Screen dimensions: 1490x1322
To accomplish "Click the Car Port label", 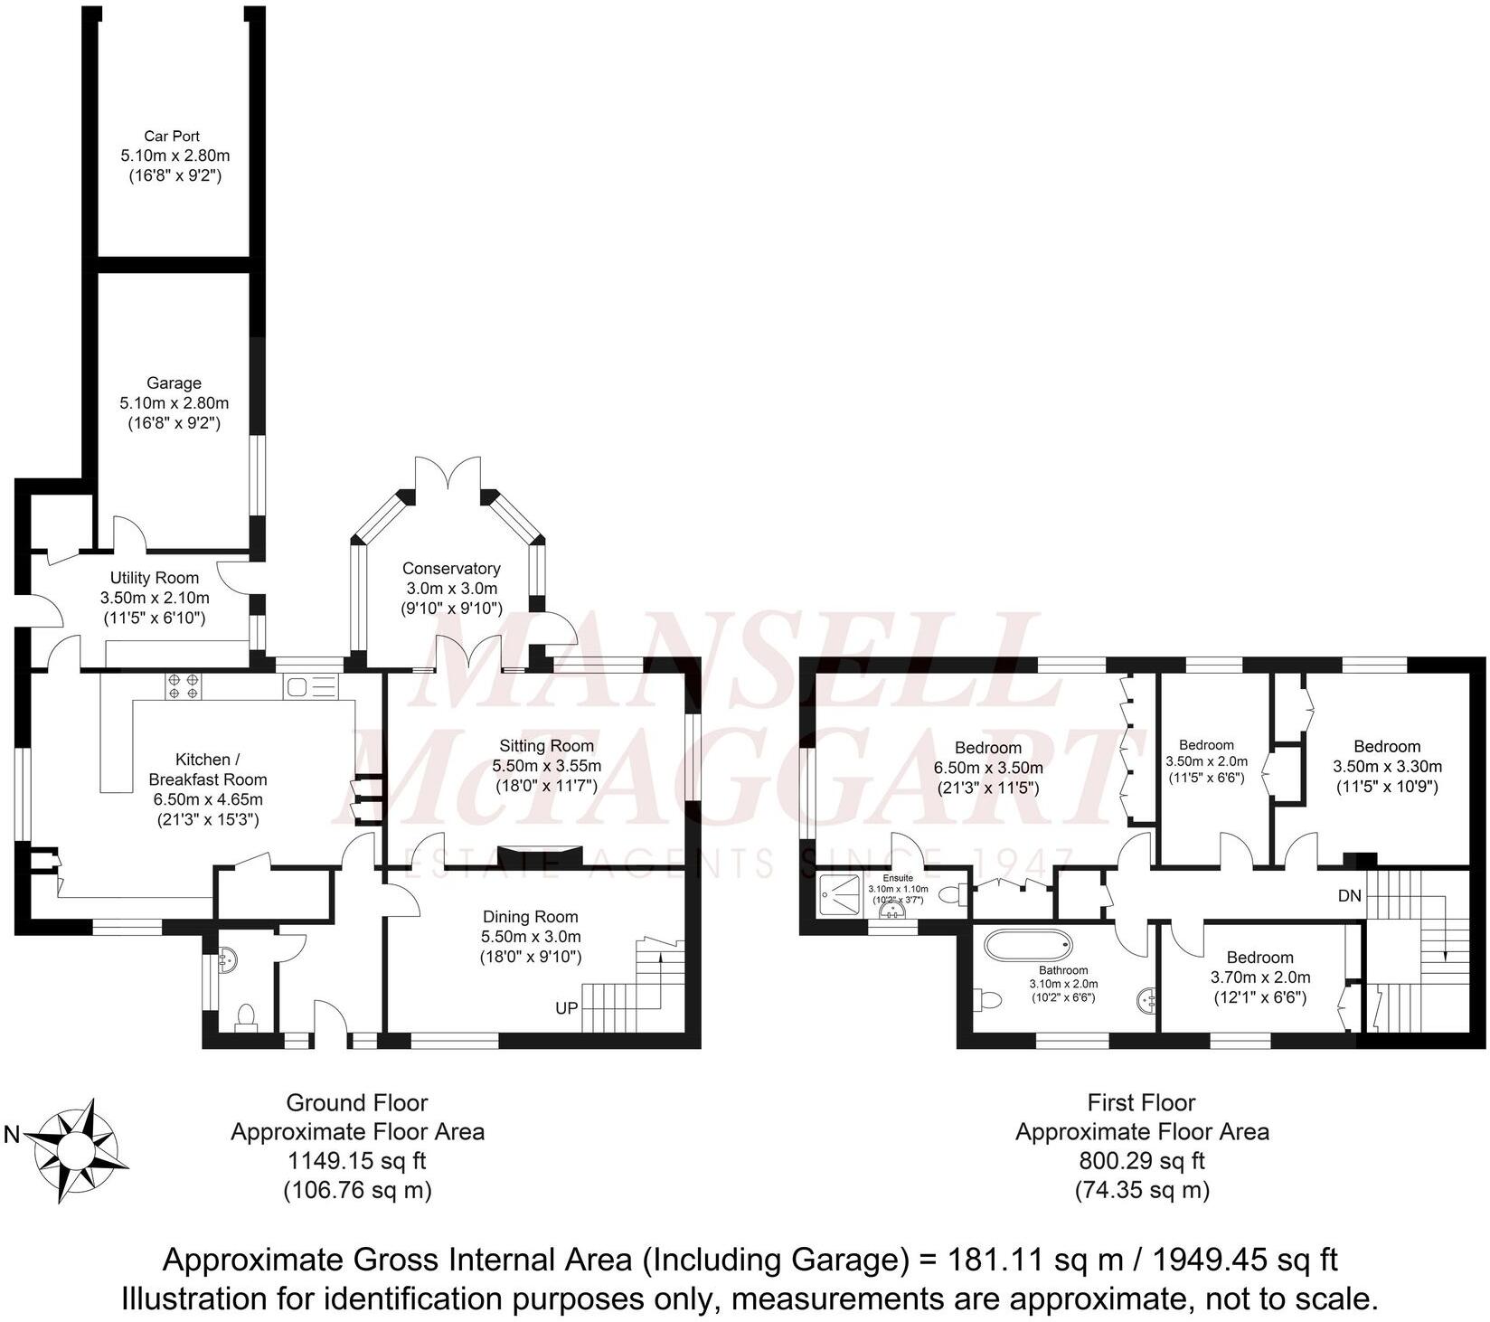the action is click(172, 137).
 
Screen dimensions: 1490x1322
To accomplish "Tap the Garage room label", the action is click(174, 383).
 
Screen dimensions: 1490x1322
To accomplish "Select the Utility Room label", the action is click(155, 578).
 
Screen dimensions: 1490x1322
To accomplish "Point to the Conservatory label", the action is click(451, 569).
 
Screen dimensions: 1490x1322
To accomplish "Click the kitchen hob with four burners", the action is click(184, 686).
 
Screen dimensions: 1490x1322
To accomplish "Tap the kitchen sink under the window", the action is click(310, 686).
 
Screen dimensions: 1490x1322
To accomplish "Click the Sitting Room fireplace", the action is click(539, 855).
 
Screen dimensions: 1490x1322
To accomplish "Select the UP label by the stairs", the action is click(566, 1007).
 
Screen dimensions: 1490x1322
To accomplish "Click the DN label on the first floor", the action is click(1349, 896).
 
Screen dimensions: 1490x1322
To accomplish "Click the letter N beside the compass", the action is click(12, 1135).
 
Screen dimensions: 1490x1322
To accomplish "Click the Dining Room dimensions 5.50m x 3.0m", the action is click(530, 937).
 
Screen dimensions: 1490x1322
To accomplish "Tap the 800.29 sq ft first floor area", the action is click(1141, 1160).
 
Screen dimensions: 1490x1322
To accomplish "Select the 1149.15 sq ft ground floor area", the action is click(357, 1160).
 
